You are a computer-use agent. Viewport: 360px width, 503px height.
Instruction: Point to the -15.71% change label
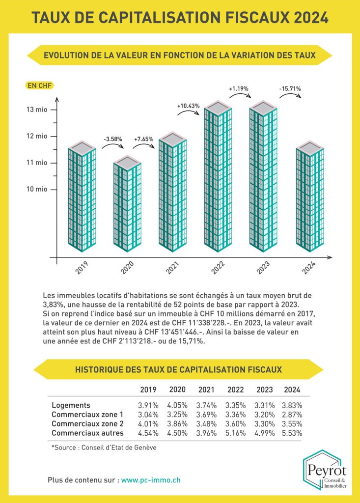click(290, 89)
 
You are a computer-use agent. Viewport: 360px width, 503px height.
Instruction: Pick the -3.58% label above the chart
click(112, 140)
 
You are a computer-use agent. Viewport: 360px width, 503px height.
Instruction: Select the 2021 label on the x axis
click(172, 268)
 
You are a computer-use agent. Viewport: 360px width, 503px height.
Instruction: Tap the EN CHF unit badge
click(40, 85)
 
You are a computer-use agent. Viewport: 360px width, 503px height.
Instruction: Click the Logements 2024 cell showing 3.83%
click(292, 405)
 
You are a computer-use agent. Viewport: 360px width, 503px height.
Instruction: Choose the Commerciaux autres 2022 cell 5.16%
click(235, 433)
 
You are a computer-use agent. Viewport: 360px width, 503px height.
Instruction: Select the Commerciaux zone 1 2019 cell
click(148, 415)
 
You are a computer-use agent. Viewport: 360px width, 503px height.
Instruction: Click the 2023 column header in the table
click(264, 390)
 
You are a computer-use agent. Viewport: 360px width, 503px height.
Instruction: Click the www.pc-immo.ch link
click(151, 479)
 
